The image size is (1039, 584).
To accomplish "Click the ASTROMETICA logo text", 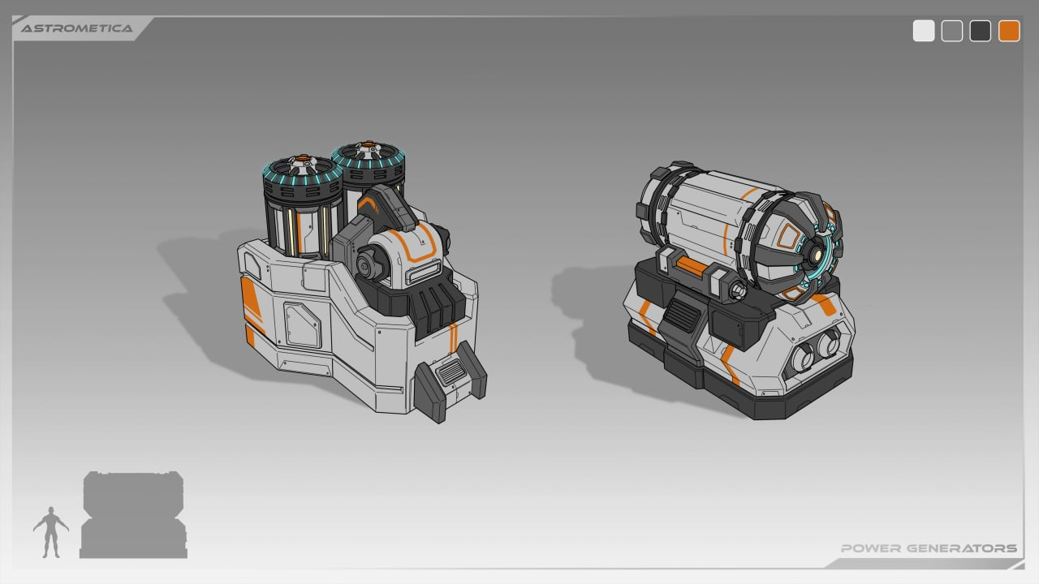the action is [77, 28].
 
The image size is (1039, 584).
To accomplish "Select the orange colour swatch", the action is [1009, 31].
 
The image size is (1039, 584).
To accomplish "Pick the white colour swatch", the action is [924, 31].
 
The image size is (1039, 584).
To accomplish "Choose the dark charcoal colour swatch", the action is [980, 31].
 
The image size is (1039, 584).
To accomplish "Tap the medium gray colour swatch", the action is [952, 31].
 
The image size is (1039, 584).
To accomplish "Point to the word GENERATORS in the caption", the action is [962, 548].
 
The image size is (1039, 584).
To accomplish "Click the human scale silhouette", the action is [51, 532].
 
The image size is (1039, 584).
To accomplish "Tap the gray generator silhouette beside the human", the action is [134, 514].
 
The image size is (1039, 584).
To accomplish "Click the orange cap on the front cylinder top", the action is [302, 160].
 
